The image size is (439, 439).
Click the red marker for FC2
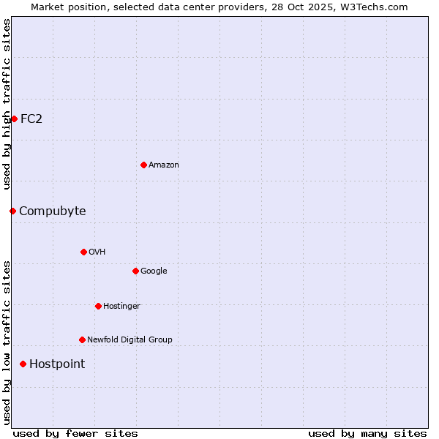coord(14,119)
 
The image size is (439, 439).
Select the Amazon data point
coord(143,165)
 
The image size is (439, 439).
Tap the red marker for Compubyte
coord(12,211)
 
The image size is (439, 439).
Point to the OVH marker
coord(83,252)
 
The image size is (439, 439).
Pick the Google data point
coord(135,271)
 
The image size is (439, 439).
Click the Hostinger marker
coord(98,306)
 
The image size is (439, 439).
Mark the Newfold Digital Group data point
coord(82,339)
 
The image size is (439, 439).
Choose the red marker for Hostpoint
coord(23,364)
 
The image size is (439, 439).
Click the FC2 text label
coord(31,119)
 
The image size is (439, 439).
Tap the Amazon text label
coord(164,165)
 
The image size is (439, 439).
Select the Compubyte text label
coord(52,211)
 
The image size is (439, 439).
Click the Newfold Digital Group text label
coord(130,339)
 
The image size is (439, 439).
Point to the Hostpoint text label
coord(57,364)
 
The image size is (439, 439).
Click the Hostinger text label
coord(121,306)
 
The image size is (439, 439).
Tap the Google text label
coord(154,271)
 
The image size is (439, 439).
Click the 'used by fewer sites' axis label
coord(75,433)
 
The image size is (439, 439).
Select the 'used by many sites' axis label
coord(367,433)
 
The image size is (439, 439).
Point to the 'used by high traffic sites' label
coord(7,104)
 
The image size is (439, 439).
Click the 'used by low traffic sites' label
coord(7,342)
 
